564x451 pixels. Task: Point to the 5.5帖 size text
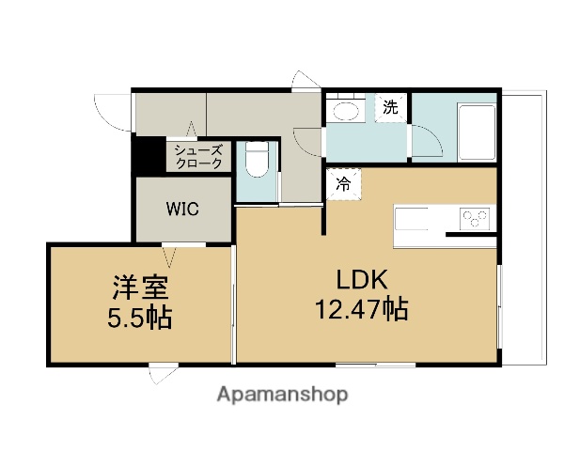(x=139, y=317)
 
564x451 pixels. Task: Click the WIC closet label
(x=182, y=209)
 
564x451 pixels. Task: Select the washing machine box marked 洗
(x=389, y=106)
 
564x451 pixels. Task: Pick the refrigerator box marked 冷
(x=343, y=183)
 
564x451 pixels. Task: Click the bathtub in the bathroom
(x=473, y=134)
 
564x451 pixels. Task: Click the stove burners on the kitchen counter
(x=475, y=219)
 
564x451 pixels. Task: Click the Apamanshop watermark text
(x=282, y=394)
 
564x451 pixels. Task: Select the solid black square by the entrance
(x=147, y=155)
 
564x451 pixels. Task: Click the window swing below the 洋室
(x=160, y=373)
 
